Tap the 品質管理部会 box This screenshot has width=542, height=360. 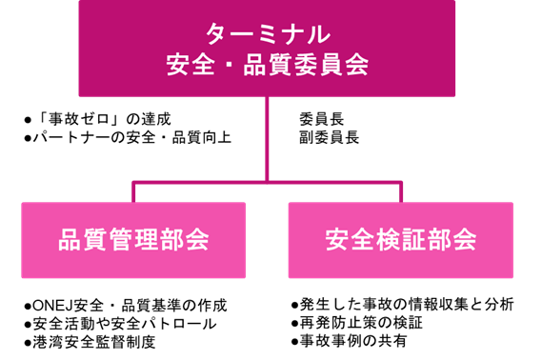point(133,239)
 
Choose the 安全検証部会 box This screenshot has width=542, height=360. point(400,239)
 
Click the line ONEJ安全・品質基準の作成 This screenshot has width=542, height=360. point(130,306)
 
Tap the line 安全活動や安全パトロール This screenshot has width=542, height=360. point(125,324)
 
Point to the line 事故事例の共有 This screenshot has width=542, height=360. point(352,341)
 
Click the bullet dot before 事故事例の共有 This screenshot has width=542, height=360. point(294,342)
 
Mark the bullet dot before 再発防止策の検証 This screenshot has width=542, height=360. point(294,324)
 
